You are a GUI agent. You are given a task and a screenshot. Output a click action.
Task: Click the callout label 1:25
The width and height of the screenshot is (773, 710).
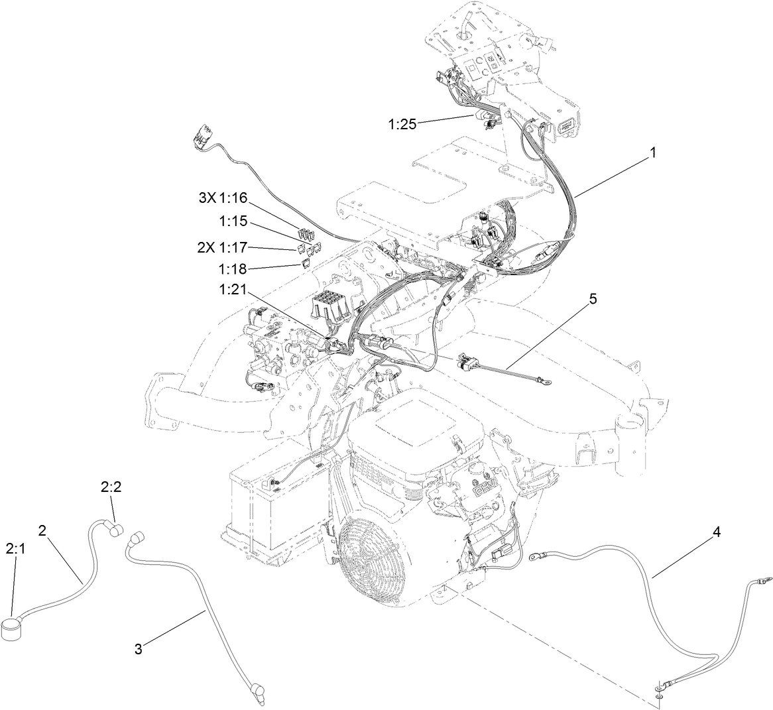pos(402,123)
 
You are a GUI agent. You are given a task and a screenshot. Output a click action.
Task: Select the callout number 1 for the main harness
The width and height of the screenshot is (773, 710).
pos(652,152)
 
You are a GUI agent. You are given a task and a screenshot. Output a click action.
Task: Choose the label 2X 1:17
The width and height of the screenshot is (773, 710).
pos(222,247)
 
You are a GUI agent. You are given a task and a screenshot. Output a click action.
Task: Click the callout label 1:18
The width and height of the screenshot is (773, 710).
pos(232,269)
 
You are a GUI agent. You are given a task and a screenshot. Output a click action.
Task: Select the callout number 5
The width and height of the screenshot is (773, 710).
pos(592,299)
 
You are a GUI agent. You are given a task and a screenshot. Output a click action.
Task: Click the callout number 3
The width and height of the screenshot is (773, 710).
pos(138,649)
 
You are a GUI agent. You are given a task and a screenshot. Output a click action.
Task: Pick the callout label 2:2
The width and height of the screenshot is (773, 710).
pos(111,487)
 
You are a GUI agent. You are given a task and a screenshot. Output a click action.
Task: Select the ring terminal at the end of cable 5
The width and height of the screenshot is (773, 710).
pos(544,381)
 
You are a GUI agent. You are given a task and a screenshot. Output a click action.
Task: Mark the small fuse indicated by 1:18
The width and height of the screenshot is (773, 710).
pos(306,264)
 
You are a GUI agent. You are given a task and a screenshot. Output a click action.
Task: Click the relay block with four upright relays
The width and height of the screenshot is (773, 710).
pos(329,307)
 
